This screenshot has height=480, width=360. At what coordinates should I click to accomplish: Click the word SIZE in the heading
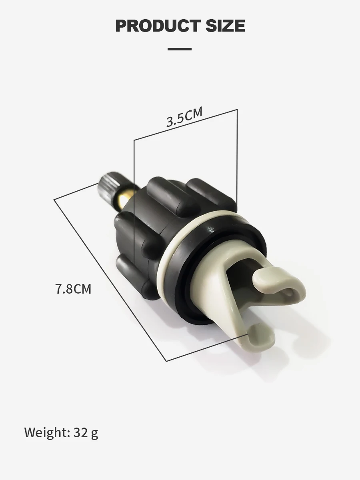pyautogui.click(x=225, y=26)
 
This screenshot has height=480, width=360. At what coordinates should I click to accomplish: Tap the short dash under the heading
pyautogui.click(x=180, y=49)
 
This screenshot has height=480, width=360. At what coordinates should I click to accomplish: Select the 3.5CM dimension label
pyautogui.click(x=184, y=116)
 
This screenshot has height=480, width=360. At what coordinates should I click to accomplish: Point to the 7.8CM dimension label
pyautogui.click(x=73, y=289)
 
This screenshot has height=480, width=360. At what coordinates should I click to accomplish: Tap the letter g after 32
pyautogui.click(x=95, y=434)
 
